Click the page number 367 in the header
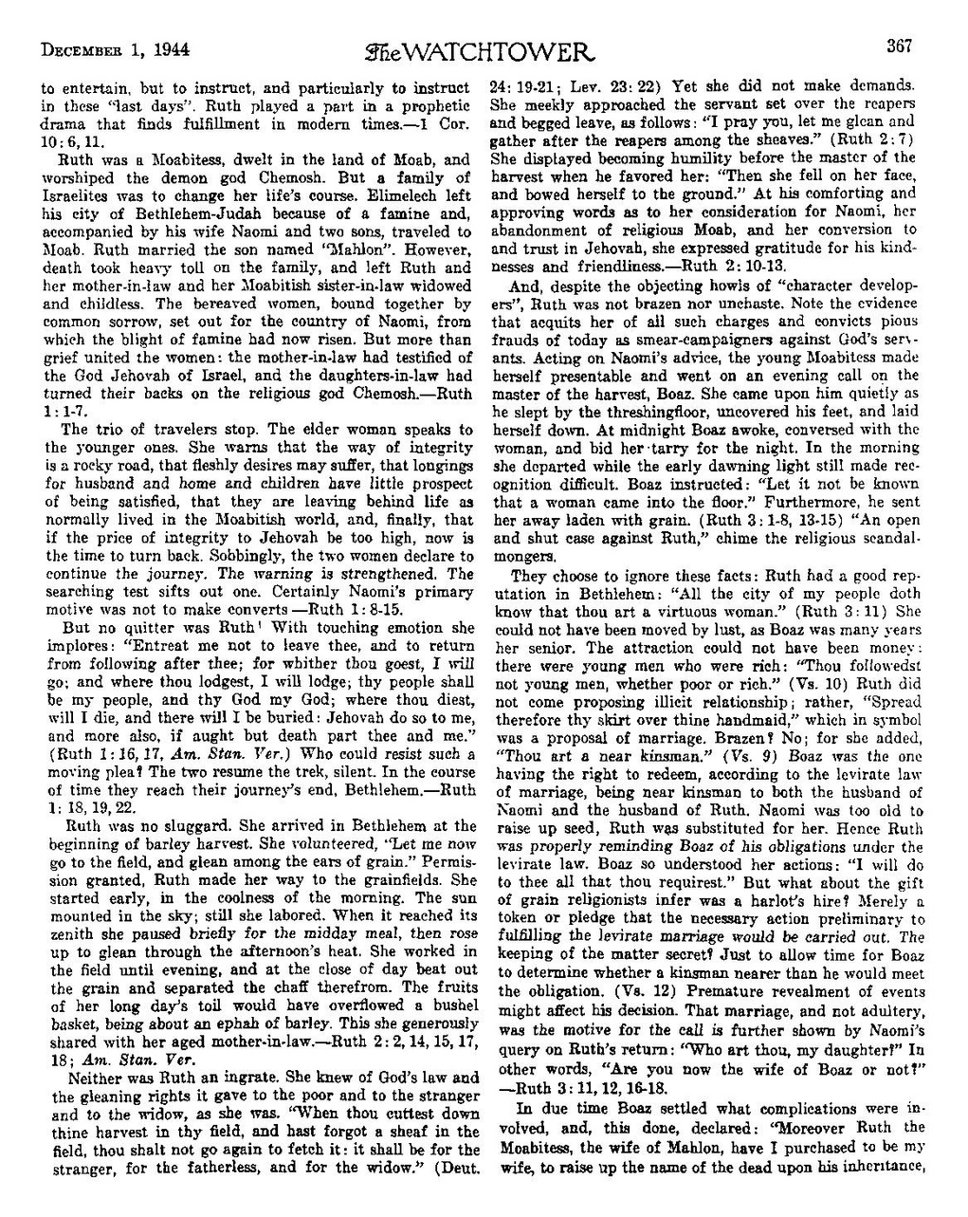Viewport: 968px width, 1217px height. [899, 46]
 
